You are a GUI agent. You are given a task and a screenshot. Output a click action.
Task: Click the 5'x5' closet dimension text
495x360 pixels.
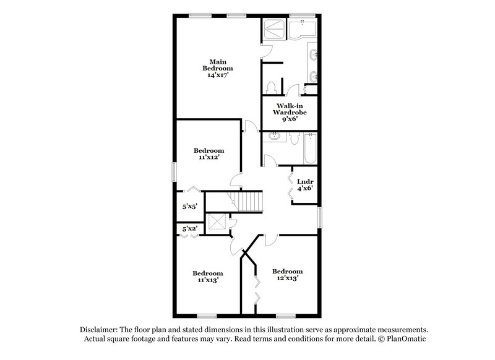click(x=189, y=208)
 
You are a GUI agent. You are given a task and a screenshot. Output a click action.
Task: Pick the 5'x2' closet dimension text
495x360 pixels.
click(x=189, y=229)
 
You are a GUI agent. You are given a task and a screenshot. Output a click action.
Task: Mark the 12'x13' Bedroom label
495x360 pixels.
click(x=287, y=275)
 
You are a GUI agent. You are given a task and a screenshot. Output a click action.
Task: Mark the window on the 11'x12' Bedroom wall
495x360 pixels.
click(x=174, y=171)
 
